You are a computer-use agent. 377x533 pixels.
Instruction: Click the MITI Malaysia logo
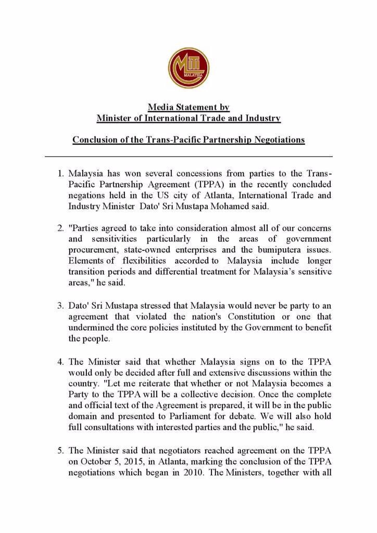(x=188, y=68)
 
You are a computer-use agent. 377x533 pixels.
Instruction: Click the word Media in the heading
(x=160, y=107)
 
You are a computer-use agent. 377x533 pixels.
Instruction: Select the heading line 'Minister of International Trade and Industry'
(x=188, y=118)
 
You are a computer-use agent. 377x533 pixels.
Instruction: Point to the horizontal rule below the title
(x=188, y=156)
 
